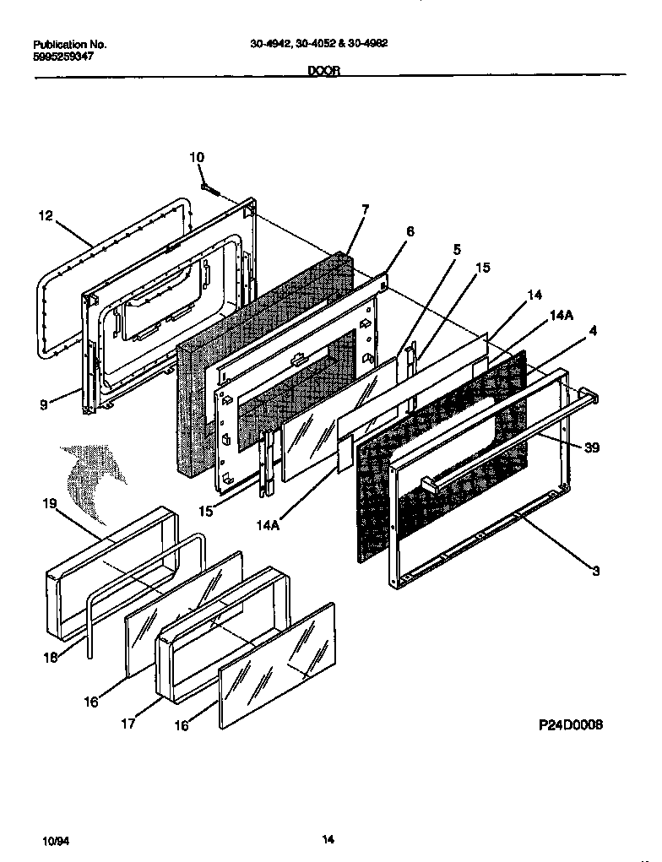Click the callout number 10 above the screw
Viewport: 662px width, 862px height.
click(x=196, y=157)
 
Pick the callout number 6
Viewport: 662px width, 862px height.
click(x=410, y=230)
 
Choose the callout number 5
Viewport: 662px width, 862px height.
click(x=457, y=250)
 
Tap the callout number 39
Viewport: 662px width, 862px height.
click(x=592, y=447)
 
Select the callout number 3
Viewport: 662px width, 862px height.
click(x=595, y=572)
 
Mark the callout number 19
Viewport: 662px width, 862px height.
click(x=49, y=504)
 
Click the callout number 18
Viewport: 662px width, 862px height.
click(x=52, y=658)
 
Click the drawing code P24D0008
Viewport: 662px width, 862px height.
click(x=571, y=725)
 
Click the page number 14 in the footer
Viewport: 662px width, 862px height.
click(x=329, y=838)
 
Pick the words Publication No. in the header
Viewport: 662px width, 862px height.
click(x=69, y=43)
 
